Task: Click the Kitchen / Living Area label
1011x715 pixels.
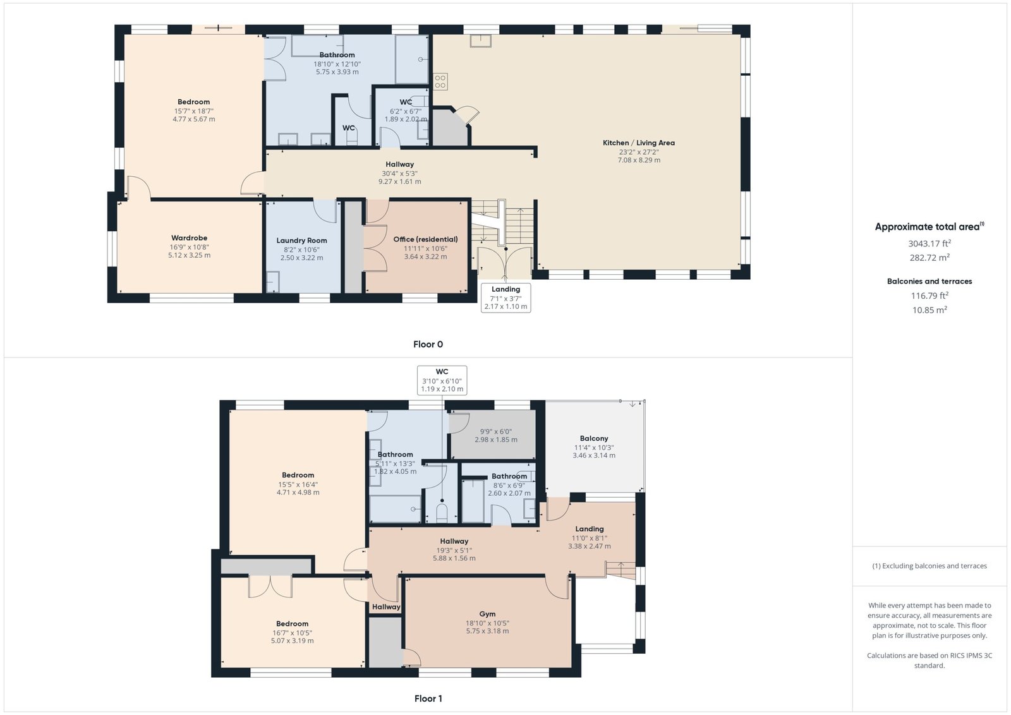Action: tap(639, 143)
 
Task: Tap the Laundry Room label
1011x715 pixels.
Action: tap(301, 241)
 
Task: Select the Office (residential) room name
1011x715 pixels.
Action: tap(425, 239)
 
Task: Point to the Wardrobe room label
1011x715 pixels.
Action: tap(189, 237)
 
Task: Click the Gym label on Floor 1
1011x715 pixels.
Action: tap(487, 614)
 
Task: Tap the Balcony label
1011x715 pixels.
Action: tap(594, 438)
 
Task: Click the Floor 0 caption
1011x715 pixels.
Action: tap(428, 344)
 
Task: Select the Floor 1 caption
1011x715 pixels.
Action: tap(428, 699)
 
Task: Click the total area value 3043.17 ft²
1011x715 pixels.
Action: tap(929, 243)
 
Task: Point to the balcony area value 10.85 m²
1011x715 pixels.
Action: tap(929, 310)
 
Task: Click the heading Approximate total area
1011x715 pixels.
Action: tap(929, 227)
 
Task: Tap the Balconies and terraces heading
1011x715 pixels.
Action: tap(929, 281)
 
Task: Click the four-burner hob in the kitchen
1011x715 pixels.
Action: tap(440, 81)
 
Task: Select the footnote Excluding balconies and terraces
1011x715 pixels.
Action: tap(929, 566)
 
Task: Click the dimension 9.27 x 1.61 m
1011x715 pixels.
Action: tap(399, 181)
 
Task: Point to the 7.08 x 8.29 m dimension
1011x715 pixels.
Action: tap(639, 160)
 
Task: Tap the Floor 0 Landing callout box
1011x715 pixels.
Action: tap(505, 297)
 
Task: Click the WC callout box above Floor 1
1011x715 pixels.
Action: tap(442, 380)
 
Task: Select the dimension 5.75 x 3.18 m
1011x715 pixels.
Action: tap(487, 630)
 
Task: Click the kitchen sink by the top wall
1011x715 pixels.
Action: tap(480, 40)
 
